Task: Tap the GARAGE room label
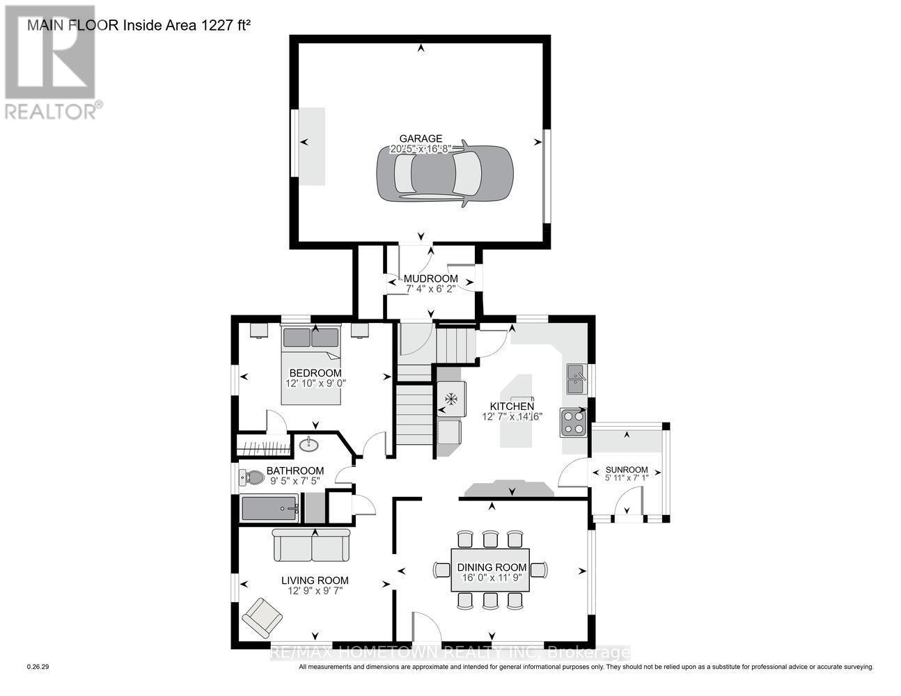click(420, 139)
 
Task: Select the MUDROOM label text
click(431, 278)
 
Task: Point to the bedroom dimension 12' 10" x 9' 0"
click(316, 383)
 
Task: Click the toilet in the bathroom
click(252, 477)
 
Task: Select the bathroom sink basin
click(308, 444)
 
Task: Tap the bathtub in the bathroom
click(269, 509)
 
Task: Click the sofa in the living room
click(312, 545)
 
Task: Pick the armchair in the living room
click(263, 617)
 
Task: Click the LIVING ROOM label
click(315, 580)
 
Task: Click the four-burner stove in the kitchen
click(574, 422)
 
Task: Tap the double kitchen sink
click(576, 379)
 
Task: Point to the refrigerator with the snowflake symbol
click(450, 400)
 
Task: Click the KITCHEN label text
click(512, 406)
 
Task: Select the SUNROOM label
click(626, 469)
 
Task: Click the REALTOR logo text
click(51, 111)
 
